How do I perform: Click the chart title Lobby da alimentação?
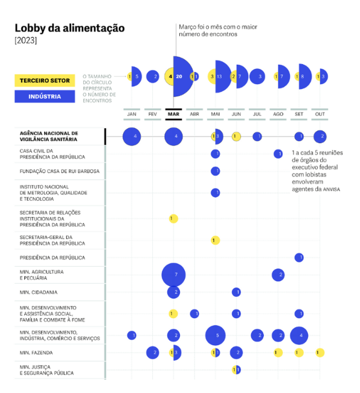pos(69,28)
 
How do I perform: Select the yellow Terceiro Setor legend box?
pos(45,80)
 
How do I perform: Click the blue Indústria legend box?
pos(45,96)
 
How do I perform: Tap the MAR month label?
pos(173,114)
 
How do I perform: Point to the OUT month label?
pos(320,114)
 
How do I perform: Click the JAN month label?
pos(132,114)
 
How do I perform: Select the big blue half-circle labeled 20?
pos(184,77)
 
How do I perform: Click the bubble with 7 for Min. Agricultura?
pos(174,275)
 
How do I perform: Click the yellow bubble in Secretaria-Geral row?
pos(216,241)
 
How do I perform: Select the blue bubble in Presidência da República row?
pos(299,258)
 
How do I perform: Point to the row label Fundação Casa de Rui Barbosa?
pos(59,171)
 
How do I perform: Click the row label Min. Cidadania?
pos(39,293)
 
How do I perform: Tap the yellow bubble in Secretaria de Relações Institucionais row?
pos(173,218)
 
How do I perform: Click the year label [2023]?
pos(25,41)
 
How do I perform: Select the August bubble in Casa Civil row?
pos(278,154)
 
